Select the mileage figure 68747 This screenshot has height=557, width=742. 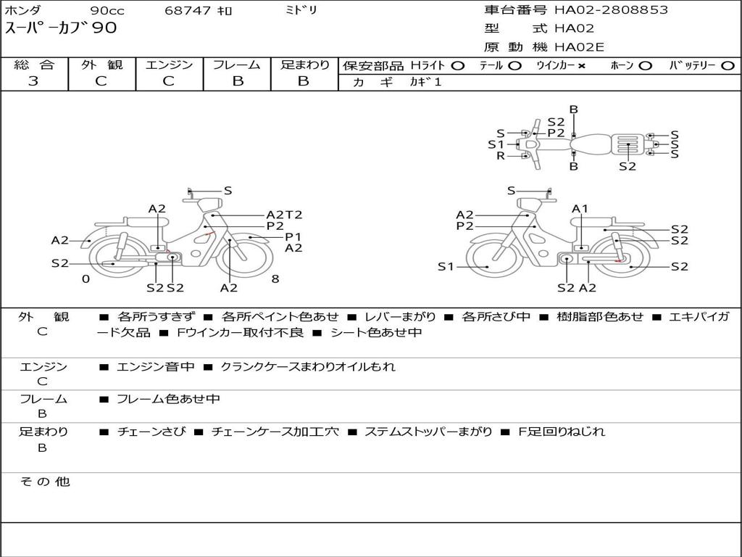point(188,10)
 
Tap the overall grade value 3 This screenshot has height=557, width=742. point(33,81)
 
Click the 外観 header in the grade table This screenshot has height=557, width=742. point(101,65)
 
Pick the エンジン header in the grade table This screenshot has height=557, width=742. point(169,65)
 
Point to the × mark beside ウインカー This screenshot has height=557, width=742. point(582,66)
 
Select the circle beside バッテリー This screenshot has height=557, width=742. point(728,66)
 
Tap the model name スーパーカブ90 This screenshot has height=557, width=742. point(61,28)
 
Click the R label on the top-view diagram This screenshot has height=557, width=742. point(501,156)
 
